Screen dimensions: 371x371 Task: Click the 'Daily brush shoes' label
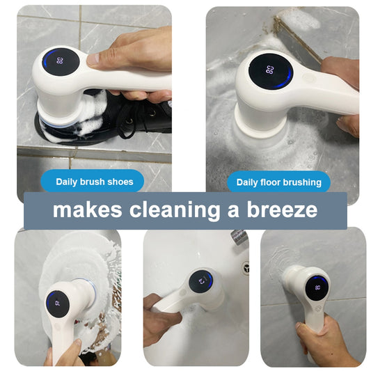click(96, 182)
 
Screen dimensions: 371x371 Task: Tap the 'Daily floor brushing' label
click(278, 182)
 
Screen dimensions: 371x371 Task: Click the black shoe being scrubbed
click(139, 118)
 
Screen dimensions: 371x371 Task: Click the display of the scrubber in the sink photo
click(202, 282)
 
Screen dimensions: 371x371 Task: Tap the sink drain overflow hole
click(244, 267)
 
